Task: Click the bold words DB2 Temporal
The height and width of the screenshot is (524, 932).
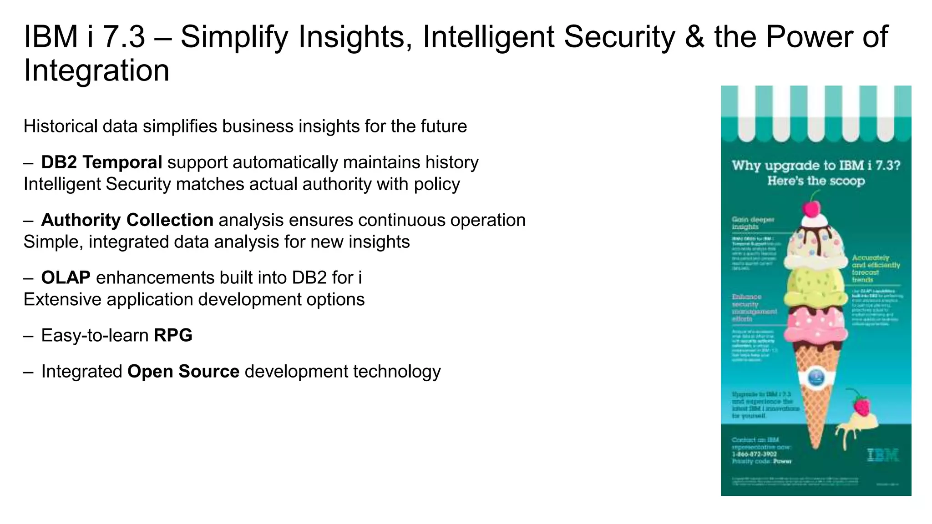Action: [x=101, y=162]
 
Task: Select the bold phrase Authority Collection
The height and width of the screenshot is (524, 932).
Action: [x=127, y=220]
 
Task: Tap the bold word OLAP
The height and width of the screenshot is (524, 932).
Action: [x=66, y=278]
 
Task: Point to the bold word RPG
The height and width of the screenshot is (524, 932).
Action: [x=173, y=336]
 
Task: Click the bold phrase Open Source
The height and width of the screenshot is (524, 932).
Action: [x=183, y=372]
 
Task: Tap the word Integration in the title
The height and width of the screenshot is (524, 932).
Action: [x=96, y=71]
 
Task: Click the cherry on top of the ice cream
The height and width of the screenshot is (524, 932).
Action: [x=810, y=209]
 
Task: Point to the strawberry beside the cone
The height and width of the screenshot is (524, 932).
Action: [x=861, y=405]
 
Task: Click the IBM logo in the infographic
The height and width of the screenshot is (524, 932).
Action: [x=883, y=455]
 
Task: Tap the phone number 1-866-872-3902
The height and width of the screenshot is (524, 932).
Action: [x=754, y=454]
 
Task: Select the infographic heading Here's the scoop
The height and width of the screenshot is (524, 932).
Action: [x=816, y=181]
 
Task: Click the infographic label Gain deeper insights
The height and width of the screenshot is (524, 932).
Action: [x=753, y=223]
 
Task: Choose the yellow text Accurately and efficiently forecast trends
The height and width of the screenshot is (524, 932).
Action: [x=876, y=268]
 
